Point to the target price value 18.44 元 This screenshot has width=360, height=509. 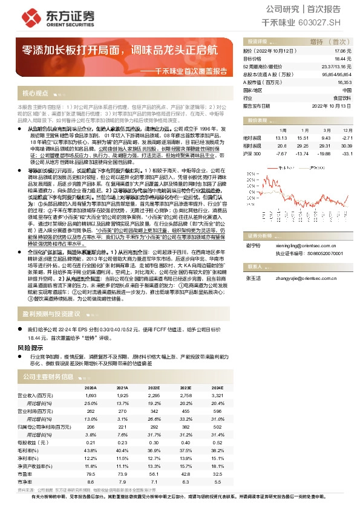[343, 59]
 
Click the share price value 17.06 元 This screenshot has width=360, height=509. [343, 52]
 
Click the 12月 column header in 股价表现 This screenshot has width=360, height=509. [345, 129]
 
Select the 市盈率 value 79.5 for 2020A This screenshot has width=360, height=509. [91, 474]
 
